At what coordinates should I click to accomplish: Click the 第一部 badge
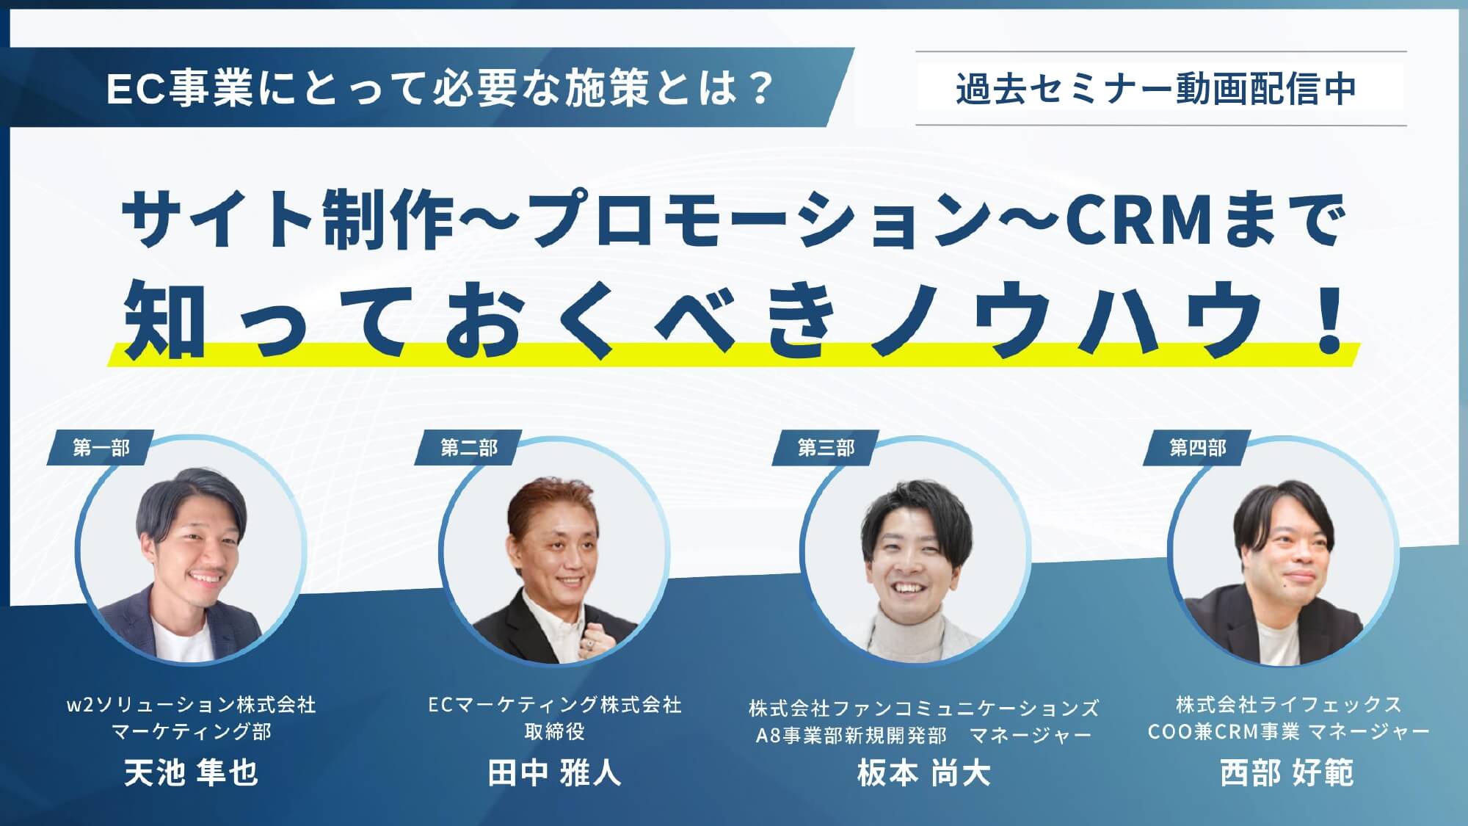tap(101, 448)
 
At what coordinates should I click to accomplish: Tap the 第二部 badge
tap(469, 448)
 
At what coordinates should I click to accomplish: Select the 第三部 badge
tap(826, 448)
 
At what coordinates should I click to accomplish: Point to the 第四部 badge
tap(1198, 448)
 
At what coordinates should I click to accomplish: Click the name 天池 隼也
tap(191, 773)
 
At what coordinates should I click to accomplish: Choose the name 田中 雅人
tap(555, 773)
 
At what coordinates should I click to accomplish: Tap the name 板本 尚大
tap(924, 773)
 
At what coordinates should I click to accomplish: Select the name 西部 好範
tap(1287, 773)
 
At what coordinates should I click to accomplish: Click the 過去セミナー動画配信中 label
tap(1156, 89)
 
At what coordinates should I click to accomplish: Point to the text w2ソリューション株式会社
tap(192, 705)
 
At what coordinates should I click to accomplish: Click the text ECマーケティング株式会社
tap(555, 705)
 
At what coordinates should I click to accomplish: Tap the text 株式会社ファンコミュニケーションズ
tap(924, 708)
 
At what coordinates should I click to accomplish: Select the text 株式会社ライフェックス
tap(1289, 705)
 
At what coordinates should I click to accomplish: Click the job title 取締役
tap(555, 731)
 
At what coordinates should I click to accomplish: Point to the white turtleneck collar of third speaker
tap(907, 621)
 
